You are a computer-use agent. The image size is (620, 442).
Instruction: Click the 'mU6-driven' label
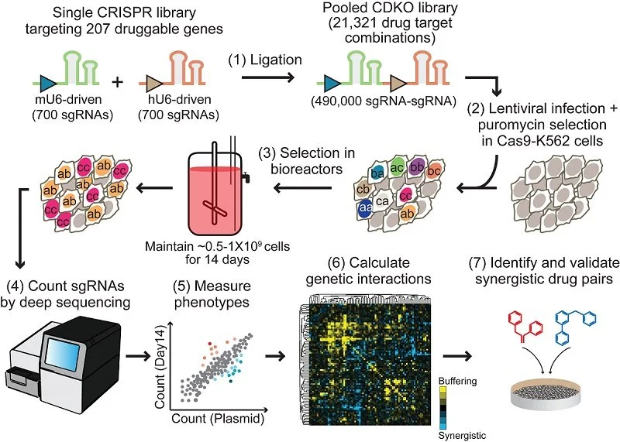point(64,105)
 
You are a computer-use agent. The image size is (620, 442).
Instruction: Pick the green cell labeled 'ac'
point(397,169)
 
